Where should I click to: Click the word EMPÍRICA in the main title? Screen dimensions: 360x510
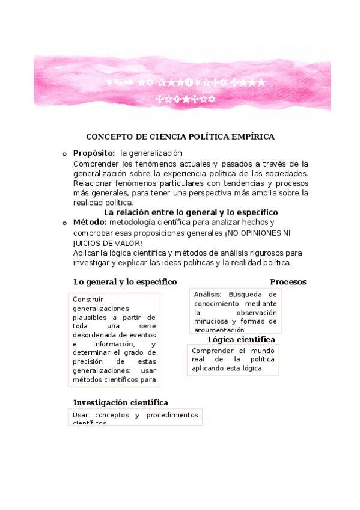click(253, 137)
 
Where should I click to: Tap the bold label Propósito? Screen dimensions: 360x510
click(94, 153)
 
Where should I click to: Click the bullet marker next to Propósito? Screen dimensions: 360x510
click(64, 154)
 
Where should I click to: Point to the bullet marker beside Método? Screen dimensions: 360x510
click(64, 223)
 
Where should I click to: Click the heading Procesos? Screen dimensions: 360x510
click(288, 282)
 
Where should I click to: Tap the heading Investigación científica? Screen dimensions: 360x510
click(121, 402)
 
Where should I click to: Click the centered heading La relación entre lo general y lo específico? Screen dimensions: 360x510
click(191, 212)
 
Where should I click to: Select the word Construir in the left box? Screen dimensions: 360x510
click(88, 299)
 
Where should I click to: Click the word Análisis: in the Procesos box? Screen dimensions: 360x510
click(208, 295)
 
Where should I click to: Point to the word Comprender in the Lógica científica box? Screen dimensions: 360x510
click(211, 351)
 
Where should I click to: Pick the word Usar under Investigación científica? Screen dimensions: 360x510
click(81, 415)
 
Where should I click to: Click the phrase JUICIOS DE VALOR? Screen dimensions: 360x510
click(108, 243)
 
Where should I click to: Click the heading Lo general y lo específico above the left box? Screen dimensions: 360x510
click(125, 282)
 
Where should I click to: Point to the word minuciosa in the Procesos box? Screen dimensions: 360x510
click(212, 321)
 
